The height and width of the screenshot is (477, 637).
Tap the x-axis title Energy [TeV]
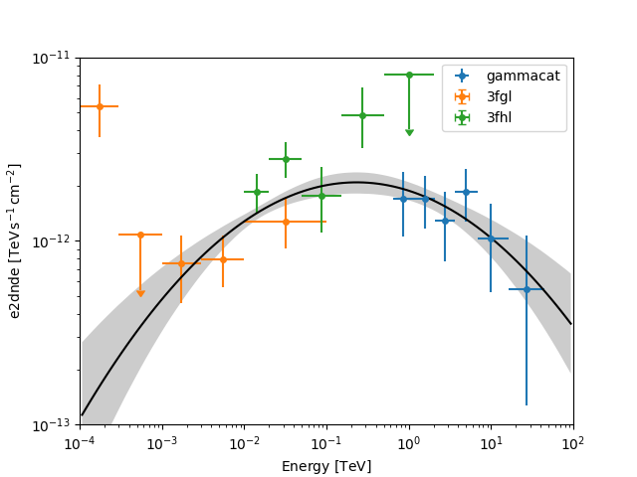[326, 466]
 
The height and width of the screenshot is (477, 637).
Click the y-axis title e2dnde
[15, 241]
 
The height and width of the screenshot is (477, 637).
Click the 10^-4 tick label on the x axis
[81, 443]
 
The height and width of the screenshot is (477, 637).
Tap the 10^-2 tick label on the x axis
[245, 443]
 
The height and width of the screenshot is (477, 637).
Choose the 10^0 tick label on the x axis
[409, 443]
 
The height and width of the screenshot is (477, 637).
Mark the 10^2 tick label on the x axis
[573, 443]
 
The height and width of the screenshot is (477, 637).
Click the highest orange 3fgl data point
[100, 106]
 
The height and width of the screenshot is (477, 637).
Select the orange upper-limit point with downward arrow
[140, 235]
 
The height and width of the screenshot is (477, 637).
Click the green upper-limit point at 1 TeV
[409, 75]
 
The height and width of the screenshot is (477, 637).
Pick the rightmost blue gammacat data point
[527, 289]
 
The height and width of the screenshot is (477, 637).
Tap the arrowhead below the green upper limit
[409, 132]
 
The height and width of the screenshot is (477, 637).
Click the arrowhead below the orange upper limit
[140, 292]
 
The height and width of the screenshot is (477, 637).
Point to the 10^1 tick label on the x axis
[491, 443]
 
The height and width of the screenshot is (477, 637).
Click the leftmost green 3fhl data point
[257, 192]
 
